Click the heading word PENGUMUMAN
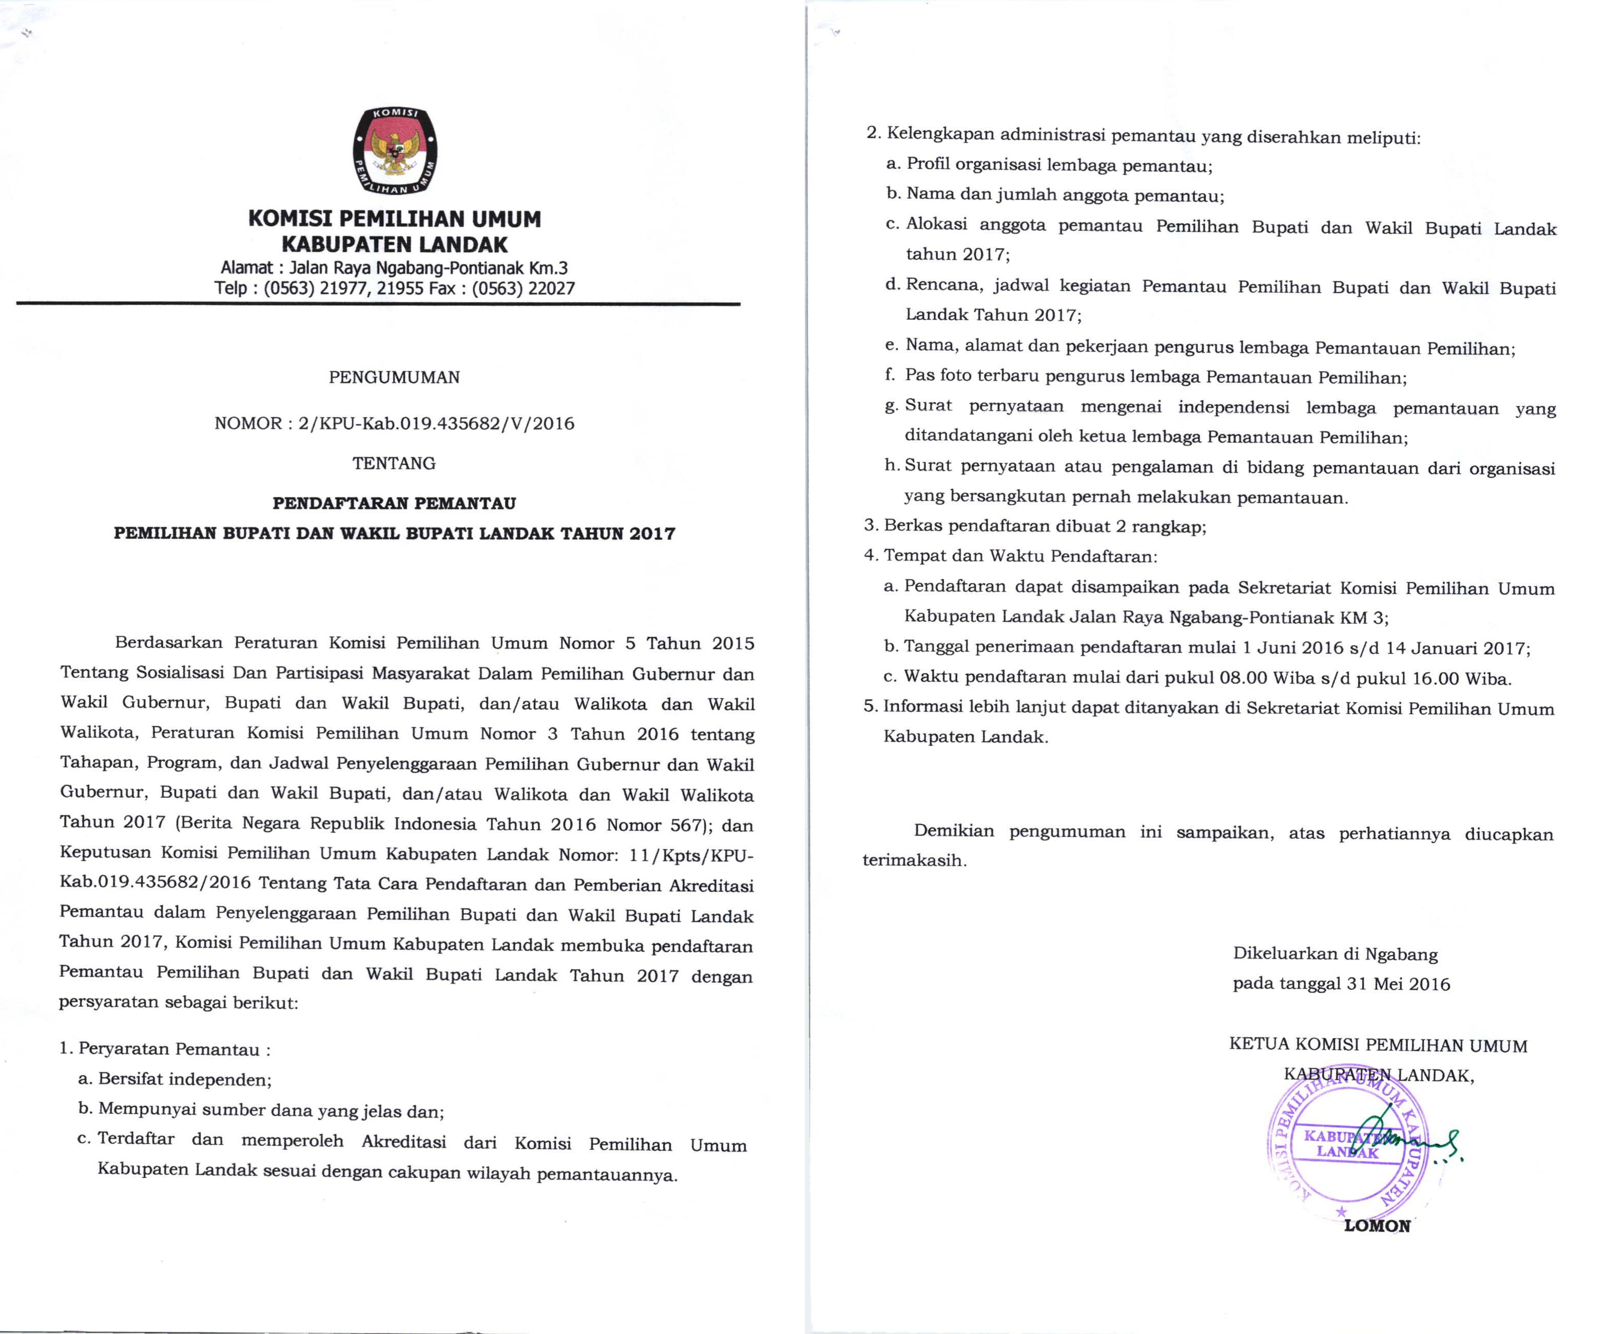coord(394,378)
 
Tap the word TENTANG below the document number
coord(394,463)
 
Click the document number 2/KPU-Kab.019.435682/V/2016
coord(436,423)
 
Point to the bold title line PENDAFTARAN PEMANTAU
coord(394,503)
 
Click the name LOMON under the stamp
coord(1377,1226)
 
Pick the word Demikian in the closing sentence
coord(954,831)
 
